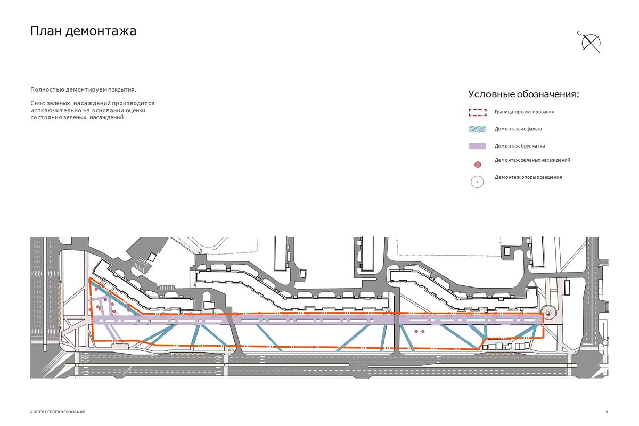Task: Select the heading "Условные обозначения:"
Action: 523,94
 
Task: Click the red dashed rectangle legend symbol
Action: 478,112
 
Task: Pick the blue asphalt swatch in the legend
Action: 478,129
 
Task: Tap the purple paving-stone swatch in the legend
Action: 478,146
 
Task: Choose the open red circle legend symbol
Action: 477,182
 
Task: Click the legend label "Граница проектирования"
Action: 524,112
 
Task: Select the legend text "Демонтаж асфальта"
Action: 518,129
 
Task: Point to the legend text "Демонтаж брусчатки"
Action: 519,146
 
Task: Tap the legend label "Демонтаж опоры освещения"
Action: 528,177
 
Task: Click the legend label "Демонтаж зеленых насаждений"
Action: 532,160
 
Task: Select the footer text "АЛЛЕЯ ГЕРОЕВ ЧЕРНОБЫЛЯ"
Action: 58,412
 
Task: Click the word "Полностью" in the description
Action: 45,89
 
